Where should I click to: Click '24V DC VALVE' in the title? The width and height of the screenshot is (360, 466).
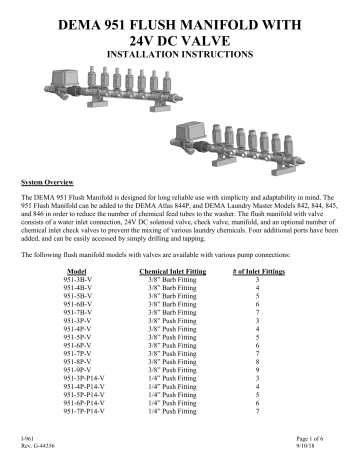(179, 33)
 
